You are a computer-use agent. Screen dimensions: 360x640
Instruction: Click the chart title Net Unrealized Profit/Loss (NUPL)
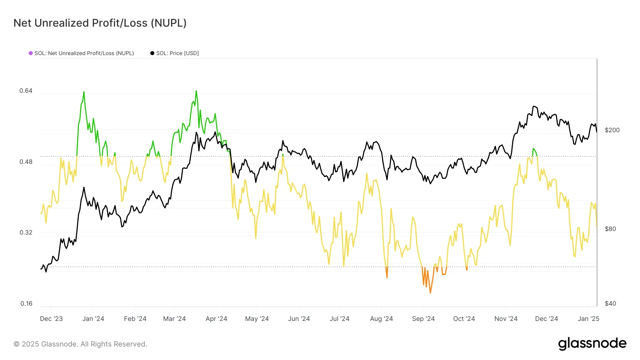100,23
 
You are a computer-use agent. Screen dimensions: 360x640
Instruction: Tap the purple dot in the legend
31,53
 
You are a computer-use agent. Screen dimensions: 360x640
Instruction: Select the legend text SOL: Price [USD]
177,53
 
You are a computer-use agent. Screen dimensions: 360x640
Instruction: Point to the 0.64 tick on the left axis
26,91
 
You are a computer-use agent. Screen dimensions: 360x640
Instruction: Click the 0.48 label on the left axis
26,162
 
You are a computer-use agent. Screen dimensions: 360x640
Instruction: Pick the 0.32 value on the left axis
26,232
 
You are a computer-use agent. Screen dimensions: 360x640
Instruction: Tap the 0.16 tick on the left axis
26,303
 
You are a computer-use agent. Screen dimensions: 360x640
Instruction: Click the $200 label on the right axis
612,130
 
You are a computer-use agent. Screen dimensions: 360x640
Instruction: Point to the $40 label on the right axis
610,303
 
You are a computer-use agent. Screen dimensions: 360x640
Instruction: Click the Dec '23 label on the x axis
51,319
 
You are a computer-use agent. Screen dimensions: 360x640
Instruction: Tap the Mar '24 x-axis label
174,319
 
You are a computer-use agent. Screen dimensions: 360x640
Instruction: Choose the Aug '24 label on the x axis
381,319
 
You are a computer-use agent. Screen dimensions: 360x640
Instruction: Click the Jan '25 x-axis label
588,319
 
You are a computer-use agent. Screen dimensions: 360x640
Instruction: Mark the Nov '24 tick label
506,319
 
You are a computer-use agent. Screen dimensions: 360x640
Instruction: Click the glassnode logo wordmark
592,344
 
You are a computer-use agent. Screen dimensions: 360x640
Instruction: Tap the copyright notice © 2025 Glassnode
80,344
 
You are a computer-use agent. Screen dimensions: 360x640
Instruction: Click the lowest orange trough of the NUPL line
430,293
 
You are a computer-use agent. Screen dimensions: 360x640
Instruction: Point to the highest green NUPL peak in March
196,91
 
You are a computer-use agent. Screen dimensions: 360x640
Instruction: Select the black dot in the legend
152,53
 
